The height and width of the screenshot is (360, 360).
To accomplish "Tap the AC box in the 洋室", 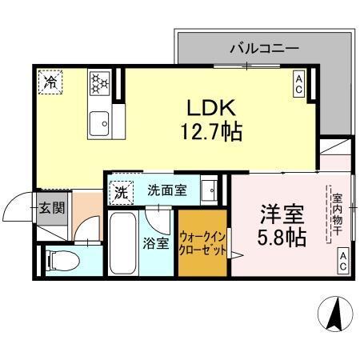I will (x=342, y=258).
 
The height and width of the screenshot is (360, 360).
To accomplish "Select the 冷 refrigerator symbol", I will (x=50, y=81).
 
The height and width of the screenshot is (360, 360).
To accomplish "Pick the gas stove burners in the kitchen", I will (x=100, y=82).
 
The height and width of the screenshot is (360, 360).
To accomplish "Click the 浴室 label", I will (x=156, y=243).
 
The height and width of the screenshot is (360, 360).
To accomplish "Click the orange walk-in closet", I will (x=203, y=242).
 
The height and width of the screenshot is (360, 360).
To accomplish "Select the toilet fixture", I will (x=60, y=259).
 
